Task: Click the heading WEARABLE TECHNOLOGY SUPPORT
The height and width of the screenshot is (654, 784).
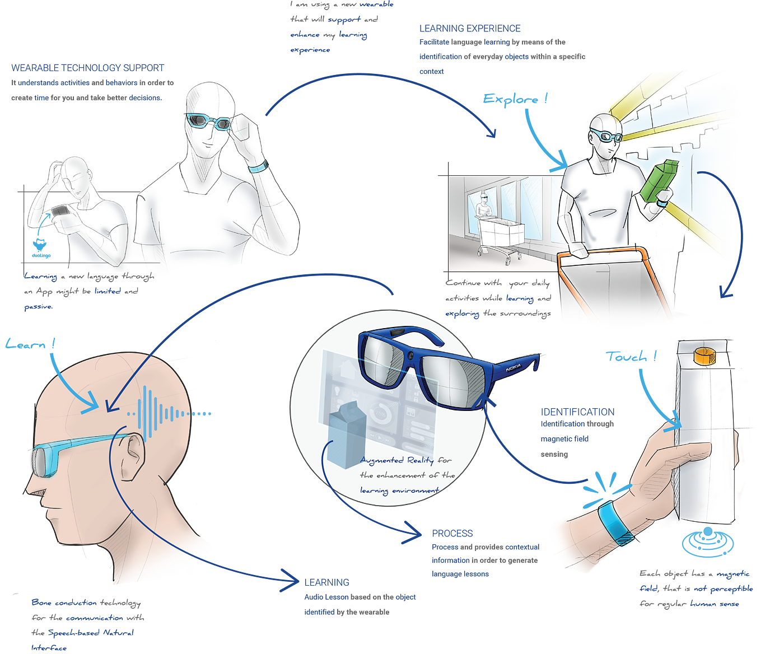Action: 87,68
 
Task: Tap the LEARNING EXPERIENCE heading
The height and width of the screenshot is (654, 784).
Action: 470,28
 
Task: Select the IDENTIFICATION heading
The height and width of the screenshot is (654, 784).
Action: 577,412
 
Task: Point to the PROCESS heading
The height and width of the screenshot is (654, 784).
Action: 452,533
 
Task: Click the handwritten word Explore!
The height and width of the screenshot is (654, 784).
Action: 515,100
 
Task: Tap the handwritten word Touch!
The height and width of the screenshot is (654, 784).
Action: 631,357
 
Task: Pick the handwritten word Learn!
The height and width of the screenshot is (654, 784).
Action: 30,344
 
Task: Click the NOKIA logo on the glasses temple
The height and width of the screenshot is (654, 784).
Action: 513,368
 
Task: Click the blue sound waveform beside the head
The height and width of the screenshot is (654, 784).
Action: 162,413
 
